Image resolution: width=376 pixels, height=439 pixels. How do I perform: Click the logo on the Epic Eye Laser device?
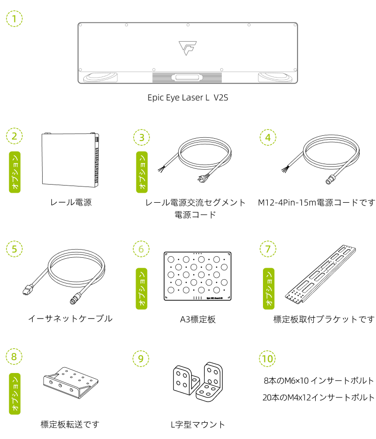188,48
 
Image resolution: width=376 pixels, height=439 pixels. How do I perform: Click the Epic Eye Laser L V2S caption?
188,98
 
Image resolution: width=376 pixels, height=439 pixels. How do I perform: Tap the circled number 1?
14,19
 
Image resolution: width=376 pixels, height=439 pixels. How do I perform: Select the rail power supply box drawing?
70,160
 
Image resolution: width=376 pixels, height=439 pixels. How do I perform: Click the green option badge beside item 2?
15,172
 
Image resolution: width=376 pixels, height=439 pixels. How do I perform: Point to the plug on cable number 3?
203,178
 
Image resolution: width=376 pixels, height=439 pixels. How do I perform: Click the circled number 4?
268,137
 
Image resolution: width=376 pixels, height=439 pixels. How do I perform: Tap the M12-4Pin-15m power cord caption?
316,202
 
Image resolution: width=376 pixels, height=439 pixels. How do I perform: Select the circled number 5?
14,249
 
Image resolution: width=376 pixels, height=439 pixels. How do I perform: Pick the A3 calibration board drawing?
197,276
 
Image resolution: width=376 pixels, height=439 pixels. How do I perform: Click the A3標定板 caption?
198,319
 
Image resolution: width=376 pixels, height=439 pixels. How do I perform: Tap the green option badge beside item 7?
269,289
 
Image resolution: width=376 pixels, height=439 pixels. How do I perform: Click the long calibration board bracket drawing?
320,274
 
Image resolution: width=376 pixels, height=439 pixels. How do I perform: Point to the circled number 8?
14,356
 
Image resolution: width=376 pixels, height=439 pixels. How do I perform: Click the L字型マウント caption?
198,425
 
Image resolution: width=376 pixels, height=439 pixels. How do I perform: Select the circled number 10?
267,358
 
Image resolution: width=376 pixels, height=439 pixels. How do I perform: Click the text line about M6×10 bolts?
319,381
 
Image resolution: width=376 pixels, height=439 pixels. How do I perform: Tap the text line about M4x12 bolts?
319,397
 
